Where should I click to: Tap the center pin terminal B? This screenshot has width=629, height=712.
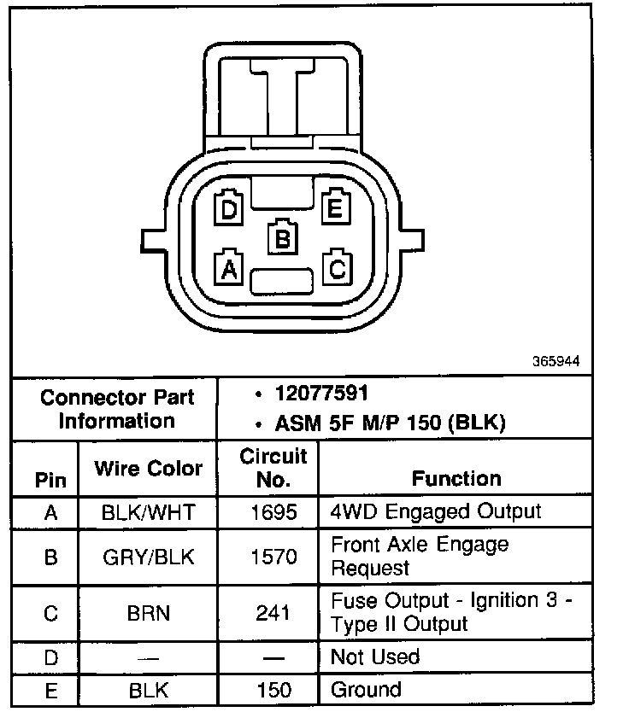pyautogui.click(x=282, y=237)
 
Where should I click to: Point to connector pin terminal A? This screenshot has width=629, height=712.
pyautogui.click(x=228, y=267)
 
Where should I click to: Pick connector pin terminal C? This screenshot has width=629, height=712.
pyautogui.click(x=336, y=267)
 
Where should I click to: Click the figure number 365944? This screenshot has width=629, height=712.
pyautogui.click(x=556, y=361)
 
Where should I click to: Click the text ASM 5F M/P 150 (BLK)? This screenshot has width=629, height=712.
pyautogui.click(x=391, y=423)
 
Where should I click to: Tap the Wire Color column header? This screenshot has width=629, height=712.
pyautogui.click(x=148, y=468)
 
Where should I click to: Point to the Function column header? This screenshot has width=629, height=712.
pyautogui.click(x=456, y=478)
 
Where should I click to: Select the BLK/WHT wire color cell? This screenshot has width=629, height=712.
pyautogui.click(x=148, y=512)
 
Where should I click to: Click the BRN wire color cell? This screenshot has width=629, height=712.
pyautogui.click(x=148, y=613)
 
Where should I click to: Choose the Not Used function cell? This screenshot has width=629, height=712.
pyautogui.click(x=375, y=657)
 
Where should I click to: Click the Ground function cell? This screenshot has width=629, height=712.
pyautogui.click(x=366, y=689)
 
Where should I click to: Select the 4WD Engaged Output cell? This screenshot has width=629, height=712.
pyautogui.click(x=436, y=511)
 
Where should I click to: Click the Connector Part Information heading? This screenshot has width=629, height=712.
pyautogui.click(x=117, y=409)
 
